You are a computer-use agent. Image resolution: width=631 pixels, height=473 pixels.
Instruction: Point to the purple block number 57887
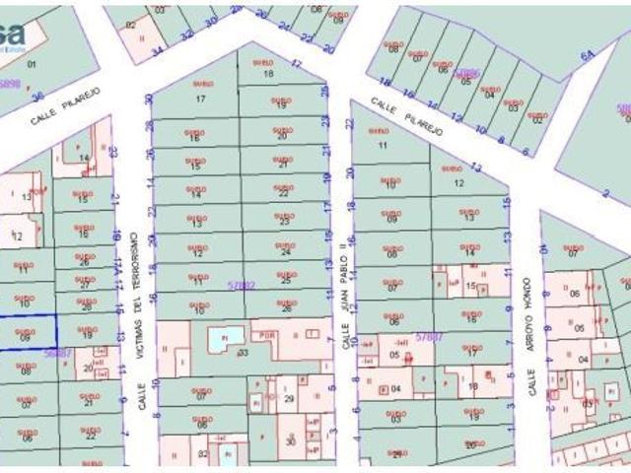coord(428,336)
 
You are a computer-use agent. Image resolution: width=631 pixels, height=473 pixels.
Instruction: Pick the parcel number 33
coord(243,352)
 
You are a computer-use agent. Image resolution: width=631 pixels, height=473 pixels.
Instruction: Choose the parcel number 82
coord(202,453)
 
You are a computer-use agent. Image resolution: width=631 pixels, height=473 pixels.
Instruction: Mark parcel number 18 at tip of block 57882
coord(268,74)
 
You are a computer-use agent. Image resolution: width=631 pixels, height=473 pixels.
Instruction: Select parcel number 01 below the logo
coord(31,64)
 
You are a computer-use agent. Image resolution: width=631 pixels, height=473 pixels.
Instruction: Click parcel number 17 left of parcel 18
coord(200,99)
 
